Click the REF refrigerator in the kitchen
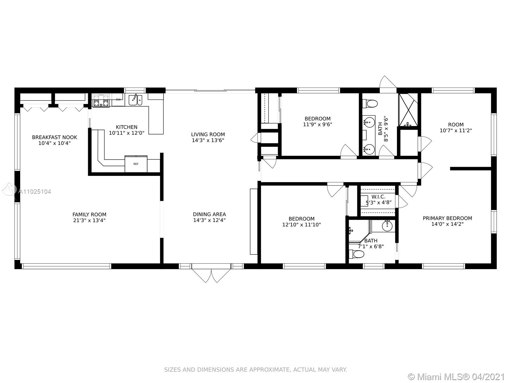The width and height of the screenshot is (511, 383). (x=136, y=164)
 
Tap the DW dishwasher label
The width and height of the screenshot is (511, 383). (x=118, y=100)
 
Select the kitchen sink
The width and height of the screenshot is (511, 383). (x=135, y=100)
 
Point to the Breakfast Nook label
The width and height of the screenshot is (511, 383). (x=55, y=138)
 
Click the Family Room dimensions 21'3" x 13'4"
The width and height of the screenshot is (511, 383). (x=89, y=221)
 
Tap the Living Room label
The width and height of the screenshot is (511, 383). (x=208, y=134)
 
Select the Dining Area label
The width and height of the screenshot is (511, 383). (x=209, y=214)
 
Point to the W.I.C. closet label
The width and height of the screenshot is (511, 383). (x=378, y=197)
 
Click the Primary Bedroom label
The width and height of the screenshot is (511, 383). (x=447, y=218)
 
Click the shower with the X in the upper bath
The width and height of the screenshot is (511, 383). (x=408, y=110)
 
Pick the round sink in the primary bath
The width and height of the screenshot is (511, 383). (x=387, y=226)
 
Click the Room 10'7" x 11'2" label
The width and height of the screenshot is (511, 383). (x=456, y=125)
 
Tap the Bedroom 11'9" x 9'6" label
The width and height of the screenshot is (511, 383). (x=317, y=119)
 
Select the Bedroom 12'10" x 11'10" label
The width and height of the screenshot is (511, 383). (x=301, y=219)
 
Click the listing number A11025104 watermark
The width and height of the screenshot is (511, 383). (x=35, y=191)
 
